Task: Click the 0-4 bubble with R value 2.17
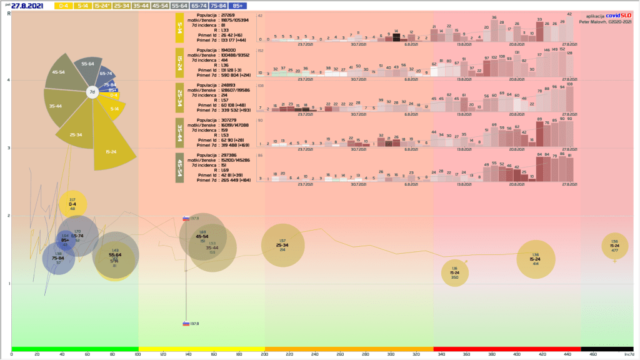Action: [x=72, y=204]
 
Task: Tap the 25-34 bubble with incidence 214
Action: [x=282, y=245]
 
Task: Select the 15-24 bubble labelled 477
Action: [x=614, y=246]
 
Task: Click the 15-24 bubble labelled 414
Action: [x=536, y=259]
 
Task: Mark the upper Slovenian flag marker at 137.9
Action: [x=186, y=219]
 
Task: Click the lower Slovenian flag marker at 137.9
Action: [x=186, y=324]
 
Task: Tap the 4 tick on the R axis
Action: [x=8, y=80]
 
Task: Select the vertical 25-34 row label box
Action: [x=179, y=99]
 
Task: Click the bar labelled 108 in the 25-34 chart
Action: [x=569, y=99]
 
